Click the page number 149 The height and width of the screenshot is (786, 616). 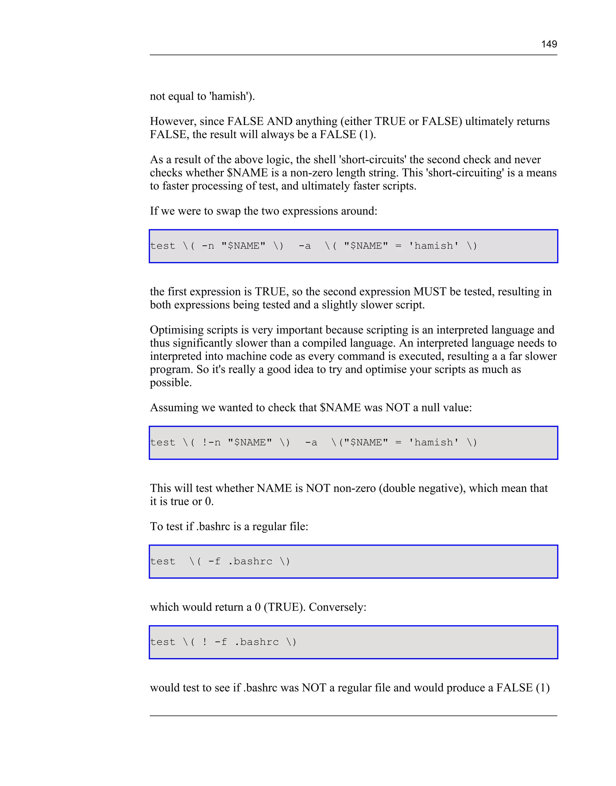549,44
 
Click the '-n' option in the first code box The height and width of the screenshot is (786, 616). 208,246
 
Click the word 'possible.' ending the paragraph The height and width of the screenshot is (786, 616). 171,383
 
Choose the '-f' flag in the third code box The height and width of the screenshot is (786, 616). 214,561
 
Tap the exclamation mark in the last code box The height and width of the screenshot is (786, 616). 205,642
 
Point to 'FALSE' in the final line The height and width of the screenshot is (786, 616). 514,688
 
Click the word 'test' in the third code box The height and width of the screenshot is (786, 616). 163,561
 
